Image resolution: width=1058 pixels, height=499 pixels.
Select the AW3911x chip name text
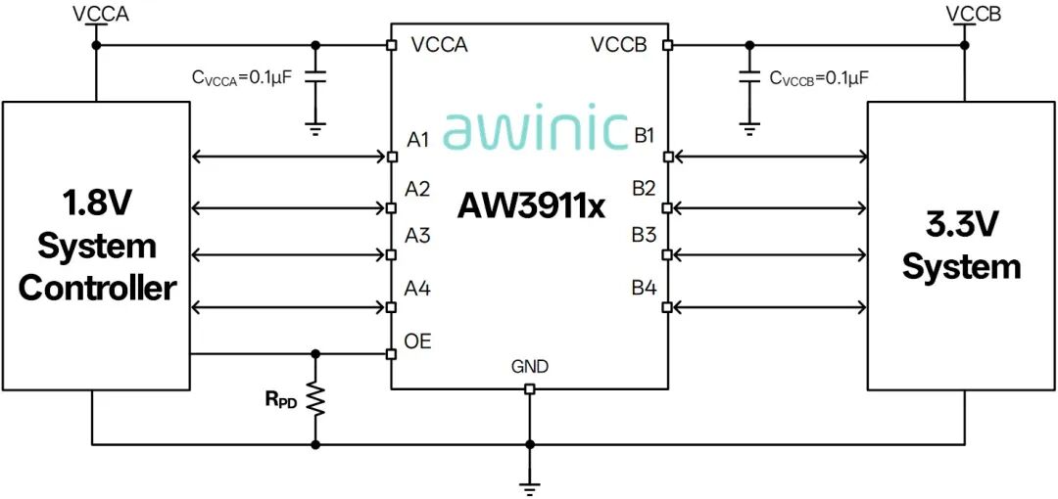pyautogui.click(x=531, y=205)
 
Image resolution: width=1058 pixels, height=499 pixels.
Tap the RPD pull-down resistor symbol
pyautogui.click(x=315, y=398)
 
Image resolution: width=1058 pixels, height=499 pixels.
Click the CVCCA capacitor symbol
pyautogui.click(x=315, y=76)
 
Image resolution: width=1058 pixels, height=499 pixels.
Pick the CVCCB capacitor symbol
pyautogui.click(x=747, y=76)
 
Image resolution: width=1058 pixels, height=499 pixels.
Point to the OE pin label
pyautogui.click(x=417, y=341)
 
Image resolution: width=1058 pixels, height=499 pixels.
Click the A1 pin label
pyautogui.click(x=417, y=140)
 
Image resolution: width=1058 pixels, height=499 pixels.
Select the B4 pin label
pyautogui.click(x=645, y=289)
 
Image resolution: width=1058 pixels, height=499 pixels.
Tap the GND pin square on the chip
pyautogui.click(x=530, y=389)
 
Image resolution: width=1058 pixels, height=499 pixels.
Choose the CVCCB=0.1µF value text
pyautogui.click(x=819, y=78)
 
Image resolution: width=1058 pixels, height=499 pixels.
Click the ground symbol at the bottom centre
pyautogui.click(x=530, y=487)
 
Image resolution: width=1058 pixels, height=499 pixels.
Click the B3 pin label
pyautogui.click(x=645, y=236)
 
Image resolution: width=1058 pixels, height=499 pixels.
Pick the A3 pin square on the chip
pyautogui.click(x=391, y=255)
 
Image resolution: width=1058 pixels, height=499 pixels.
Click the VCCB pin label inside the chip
pyautogui.click(x=619, y=45)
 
